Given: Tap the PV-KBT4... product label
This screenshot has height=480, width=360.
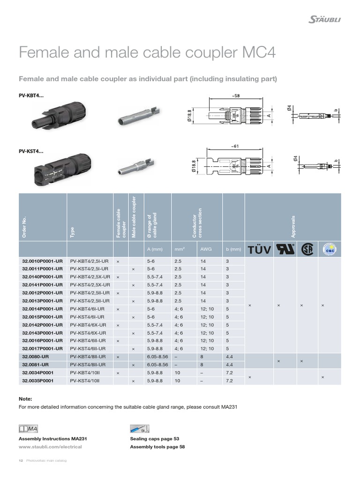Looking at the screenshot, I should point(31,96).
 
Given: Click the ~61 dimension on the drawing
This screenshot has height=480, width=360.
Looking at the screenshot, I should point(234,146).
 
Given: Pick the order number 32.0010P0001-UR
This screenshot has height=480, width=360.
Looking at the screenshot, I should point(42,261).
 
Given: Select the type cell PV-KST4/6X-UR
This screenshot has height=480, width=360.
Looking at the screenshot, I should point(90,333).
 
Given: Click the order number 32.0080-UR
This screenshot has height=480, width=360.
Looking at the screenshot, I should point(35,357).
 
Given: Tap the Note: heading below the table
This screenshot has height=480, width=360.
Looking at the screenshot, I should point(25,398).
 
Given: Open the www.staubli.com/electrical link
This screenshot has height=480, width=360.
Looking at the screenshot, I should point(50,447).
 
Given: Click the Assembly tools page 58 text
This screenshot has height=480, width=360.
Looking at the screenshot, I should point(157,447).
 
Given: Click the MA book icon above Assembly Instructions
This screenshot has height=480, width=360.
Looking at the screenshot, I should point(28,428).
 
